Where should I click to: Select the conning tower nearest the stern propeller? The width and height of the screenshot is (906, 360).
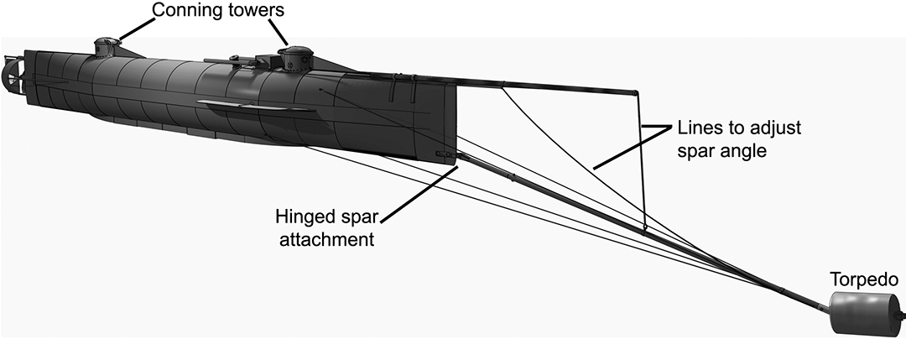[x=105, y=46]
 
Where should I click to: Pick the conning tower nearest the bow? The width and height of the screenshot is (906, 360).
[x=296, y=59]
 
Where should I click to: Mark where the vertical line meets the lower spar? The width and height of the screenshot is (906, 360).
[x=644, y=227]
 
